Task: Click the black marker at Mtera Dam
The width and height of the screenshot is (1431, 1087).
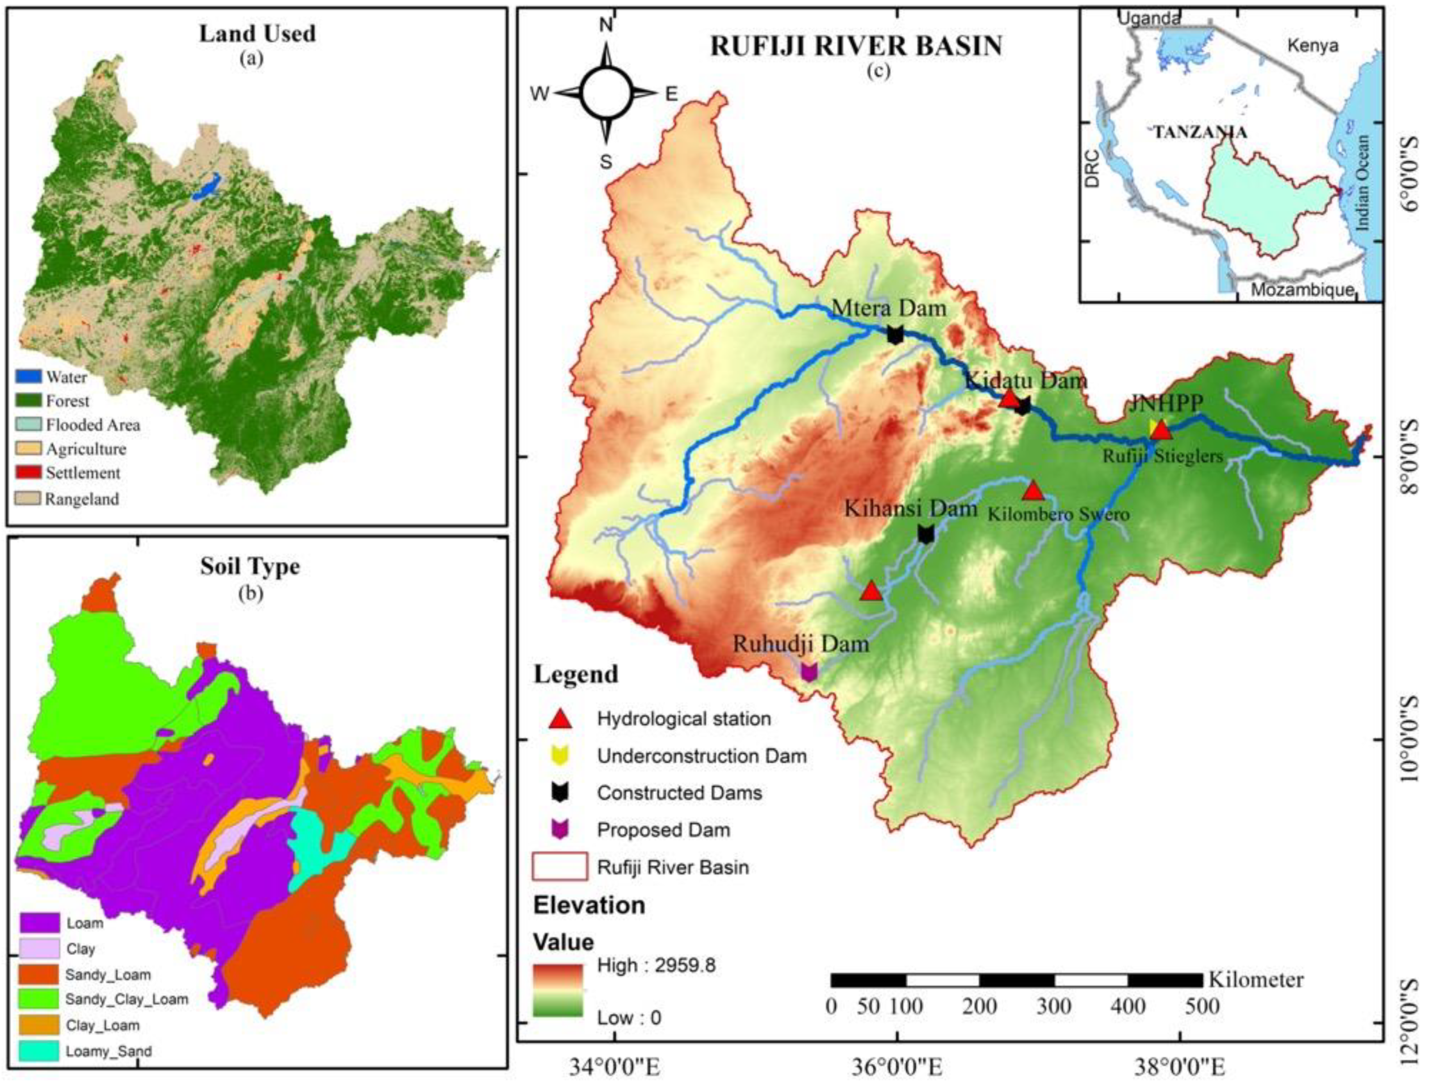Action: point(895,335)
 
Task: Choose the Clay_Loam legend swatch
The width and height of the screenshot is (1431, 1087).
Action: point(39,1025)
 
